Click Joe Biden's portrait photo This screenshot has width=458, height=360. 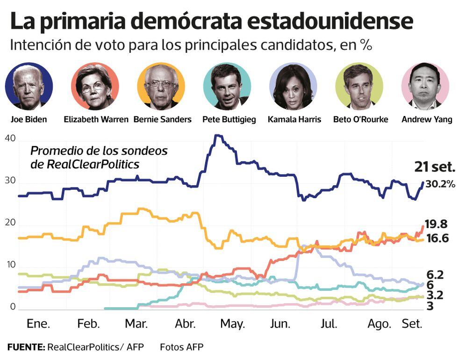pos(29,86)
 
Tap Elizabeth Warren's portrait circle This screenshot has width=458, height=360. pos(95,86)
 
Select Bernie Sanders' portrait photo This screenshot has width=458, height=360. pos(161,86)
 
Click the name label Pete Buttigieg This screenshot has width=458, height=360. pos(229,119)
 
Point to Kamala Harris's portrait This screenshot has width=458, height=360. pos(294,86)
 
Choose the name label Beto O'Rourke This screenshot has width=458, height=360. pos(360,119)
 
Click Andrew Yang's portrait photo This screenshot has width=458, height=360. pos(425,86)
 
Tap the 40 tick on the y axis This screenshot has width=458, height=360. pos(10,138)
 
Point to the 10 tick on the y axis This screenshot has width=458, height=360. pos(10,265)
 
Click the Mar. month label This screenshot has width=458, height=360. pos(137,324)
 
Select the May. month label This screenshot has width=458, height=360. pos(233,324)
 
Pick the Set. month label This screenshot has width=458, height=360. pos(412,324)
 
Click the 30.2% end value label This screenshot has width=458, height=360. pos(440,184)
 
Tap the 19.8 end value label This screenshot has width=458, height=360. pos(437,223)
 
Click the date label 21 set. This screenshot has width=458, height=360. pos(434,166)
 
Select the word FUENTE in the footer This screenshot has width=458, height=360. pos(26,347)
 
